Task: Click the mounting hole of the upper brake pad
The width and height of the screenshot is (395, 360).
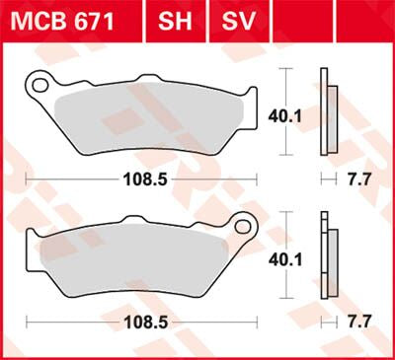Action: tap(40, 85)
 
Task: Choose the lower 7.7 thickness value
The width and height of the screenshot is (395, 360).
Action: tap(359, 321)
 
